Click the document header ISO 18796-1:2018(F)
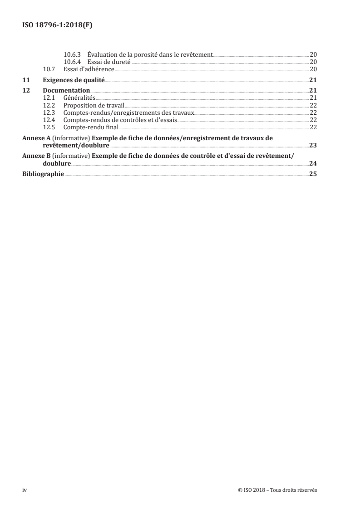58,25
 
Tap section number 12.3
49,113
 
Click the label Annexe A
37,138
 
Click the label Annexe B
37,156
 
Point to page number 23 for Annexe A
313,145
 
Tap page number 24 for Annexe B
313,163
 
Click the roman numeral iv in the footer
25,489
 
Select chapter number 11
26,80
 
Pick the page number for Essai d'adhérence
313,69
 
